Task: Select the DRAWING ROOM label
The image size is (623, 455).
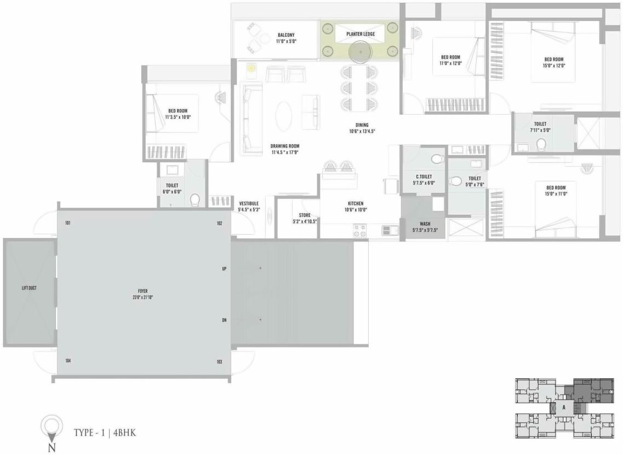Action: point(285,146)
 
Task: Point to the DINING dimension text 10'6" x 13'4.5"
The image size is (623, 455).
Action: point(362,132)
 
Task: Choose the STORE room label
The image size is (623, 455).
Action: point(305,215)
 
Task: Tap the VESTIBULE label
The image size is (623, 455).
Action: point(249,203)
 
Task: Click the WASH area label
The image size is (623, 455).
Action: point(425,224)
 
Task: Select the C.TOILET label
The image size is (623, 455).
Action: point(425,177)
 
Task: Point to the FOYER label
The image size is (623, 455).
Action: point(143,291)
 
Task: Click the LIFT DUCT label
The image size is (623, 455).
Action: point(29,288)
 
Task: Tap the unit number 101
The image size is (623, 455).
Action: point(68,223)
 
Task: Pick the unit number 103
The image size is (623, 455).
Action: point(219,361)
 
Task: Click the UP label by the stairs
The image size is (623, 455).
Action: point(224,269)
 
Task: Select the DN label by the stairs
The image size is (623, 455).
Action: point(224,320)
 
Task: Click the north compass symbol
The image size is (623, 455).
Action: point(52,427)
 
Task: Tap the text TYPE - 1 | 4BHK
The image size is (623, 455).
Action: point(105,433)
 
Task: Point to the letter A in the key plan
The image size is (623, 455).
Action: point(564,407)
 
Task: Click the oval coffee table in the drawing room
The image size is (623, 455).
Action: point(283,116)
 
